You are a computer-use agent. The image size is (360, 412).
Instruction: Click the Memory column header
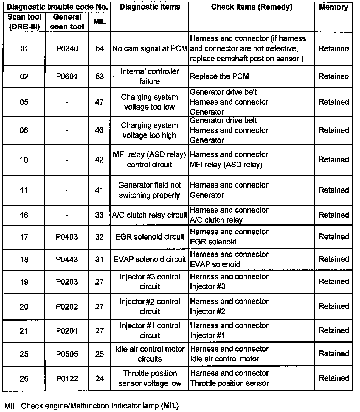pyautogui.click(x=333, y=7)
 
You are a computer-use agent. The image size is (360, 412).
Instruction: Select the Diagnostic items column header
pyautogui.click(x=150, y=7)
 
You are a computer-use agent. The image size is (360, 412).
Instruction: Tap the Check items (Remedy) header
pyautogui.click(x=252, y=7)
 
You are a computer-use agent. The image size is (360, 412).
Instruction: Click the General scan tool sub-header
pyautogui.click(x=67, y=22)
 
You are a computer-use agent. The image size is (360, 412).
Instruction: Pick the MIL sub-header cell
pyautogui.click(x=100, y=22)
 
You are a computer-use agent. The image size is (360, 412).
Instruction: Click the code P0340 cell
pyautogui.click(x=67, y=49)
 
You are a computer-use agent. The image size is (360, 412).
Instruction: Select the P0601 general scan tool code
pyautogui.click(x=67, y=76)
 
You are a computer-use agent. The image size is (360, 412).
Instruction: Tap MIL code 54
pyautogui.click(x=100, y=49)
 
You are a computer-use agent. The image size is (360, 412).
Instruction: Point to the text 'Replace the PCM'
pyautogui.click(x=220, y=76)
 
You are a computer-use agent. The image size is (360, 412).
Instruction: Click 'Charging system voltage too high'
pyautogui.click(x=150, y=130)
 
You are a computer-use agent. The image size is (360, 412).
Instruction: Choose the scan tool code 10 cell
pyautogui.click(x=24, y=160)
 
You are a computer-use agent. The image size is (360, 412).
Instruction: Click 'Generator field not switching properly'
pyautogui.click(x=150, y=190)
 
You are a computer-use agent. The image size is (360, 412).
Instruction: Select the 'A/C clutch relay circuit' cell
pyautogui.click(x=150, y=215)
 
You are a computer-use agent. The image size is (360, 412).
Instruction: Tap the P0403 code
pyautogui.click(x=67, y=237)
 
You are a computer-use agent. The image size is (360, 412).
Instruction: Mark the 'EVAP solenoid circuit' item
pyautogui.click(x=150, y=259)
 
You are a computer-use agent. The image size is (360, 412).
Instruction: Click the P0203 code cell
pyautogui.click(x=67, y=282)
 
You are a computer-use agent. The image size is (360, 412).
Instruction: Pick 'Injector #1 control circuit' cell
pyautogui.click(x=150, y=330)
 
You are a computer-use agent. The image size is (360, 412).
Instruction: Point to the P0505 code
pyautogui.click(x=67, y=354)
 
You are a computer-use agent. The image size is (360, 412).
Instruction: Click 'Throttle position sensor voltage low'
pyautogui.click(x=150, y=378)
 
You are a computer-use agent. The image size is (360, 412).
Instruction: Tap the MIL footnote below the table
pyautogui.click(x=92, y=405)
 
